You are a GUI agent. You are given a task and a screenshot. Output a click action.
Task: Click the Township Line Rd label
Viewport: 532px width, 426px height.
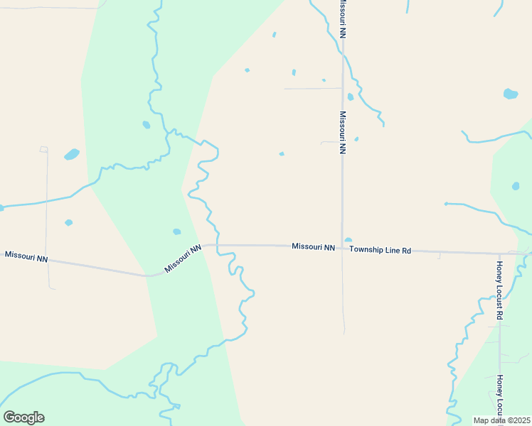point(381,250)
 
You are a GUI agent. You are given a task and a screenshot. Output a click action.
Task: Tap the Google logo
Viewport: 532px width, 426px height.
point(23,417)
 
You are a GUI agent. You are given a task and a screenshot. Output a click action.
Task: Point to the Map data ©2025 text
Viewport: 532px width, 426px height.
point(502,420)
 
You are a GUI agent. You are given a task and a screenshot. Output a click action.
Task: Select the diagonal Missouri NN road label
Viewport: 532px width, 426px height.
point(183,258)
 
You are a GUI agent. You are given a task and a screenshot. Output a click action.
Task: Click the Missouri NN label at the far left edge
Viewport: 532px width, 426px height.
point(26,256)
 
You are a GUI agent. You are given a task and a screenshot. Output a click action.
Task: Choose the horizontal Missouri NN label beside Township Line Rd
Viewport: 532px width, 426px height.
point(313,247)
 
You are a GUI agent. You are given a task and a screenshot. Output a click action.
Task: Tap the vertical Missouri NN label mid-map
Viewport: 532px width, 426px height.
point(342,132)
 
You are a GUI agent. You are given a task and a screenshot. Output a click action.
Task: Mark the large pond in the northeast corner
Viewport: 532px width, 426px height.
point(510,94)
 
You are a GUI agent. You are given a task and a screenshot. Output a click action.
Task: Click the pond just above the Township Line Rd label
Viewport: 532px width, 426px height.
point(348,240)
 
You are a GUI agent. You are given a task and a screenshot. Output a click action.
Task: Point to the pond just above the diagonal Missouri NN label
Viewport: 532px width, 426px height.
point(176,231)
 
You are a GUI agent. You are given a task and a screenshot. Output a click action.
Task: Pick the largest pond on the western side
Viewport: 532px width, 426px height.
point(72,154)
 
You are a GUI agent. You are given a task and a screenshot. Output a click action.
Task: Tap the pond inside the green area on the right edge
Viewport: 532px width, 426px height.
point(516,186)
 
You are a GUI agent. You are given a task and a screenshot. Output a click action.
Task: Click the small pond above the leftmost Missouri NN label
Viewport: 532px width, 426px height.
point(68,222)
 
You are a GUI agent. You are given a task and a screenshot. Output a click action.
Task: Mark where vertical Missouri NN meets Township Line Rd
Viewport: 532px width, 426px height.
point(343,248)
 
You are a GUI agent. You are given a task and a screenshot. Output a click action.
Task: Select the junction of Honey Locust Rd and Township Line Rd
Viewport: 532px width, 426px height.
point(500,253)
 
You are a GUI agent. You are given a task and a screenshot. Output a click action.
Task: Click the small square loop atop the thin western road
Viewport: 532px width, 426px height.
point(44,149)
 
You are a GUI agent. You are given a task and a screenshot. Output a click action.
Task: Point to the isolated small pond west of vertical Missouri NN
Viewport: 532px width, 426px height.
point(282,153)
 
